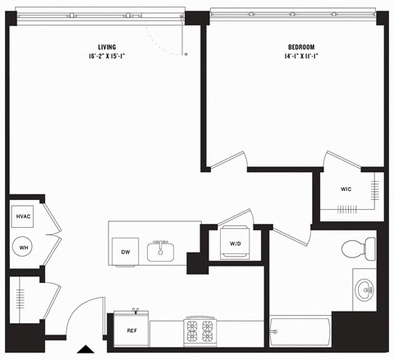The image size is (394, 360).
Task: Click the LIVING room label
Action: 106,47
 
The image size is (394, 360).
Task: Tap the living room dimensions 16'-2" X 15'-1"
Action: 106,57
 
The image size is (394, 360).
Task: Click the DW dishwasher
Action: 126,252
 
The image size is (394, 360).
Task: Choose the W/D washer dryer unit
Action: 235,244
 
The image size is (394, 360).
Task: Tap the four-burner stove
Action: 199,330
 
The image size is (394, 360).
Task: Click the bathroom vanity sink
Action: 365,289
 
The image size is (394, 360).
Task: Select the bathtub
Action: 300,333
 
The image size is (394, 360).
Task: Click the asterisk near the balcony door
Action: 186,54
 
